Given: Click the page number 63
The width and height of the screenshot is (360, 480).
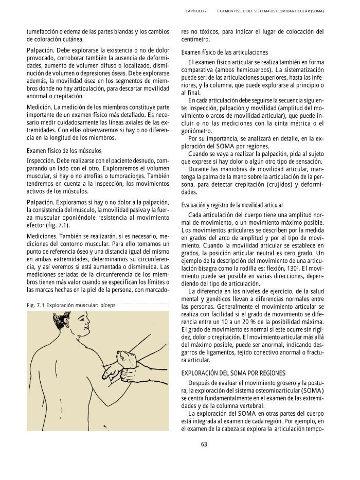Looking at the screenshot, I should click(x=204, y=445).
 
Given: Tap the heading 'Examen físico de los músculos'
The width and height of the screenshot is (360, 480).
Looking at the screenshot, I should click(x=64, y=151).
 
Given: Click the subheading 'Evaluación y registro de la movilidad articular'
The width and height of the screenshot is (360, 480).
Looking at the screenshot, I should click(x=232, y=205).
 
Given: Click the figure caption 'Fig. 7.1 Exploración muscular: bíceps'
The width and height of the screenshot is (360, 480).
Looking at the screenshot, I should click(x=71, y=306).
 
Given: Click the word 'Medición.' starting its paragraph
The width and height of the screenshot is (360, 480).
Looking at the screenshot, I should click(x=39, y=106).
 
